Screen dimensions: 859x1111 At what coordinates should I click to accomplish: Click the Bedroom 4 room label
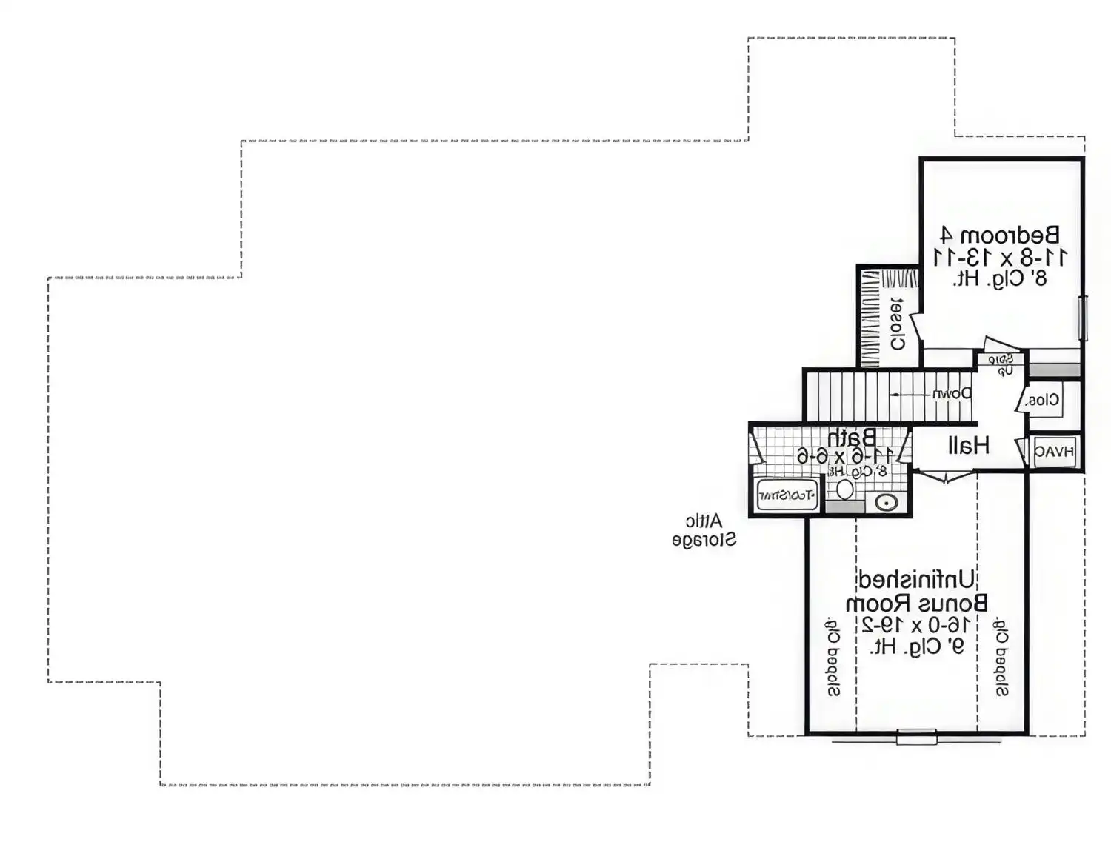pos(1000,236)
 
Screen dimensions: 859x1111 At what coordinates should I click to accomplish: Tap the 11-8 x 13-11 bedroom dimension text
pos(1000,258)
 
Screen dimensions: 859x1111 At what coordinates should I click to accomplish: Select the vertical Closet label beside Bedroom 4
pos(897,324)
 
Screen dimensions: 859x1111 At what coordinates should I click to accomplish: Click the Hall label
pos(968,445)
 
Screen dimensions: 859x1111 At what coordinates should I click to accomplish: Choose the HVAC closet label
pos(1054,452)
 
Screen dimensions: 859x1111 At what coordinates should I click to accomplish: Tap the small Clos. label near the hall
pos(1043,401)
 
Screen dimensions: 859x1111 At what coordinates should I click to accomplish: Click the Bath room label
pos(852,436)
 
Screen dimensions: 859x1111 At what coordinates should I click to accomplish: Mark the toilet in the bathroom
pos(845,489)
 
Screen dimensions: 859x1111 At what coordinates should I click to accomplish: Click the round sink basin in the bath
pos(887,503)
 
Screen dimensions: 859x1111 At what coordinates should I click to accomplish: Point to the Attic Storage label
pos(704,530)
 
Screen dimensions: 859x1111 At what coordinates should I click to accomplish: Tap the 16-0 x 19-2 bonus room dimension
pos(916,624)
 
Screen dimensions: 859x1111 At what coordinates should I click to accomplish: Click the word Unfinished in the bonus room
pos(916,579)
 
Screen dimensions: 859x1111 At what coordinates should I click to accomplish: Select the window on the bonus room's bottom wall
pos(916,737)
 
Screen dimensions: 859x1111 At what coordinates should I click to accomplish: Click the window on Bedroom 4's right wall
pos(1083,318)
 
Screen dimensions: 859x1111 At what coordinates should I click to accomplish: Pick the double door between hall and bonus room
pos(946,476)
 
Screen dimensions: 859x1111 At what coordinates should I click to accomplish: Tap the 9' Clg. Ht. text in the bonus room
pos(916,646)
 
